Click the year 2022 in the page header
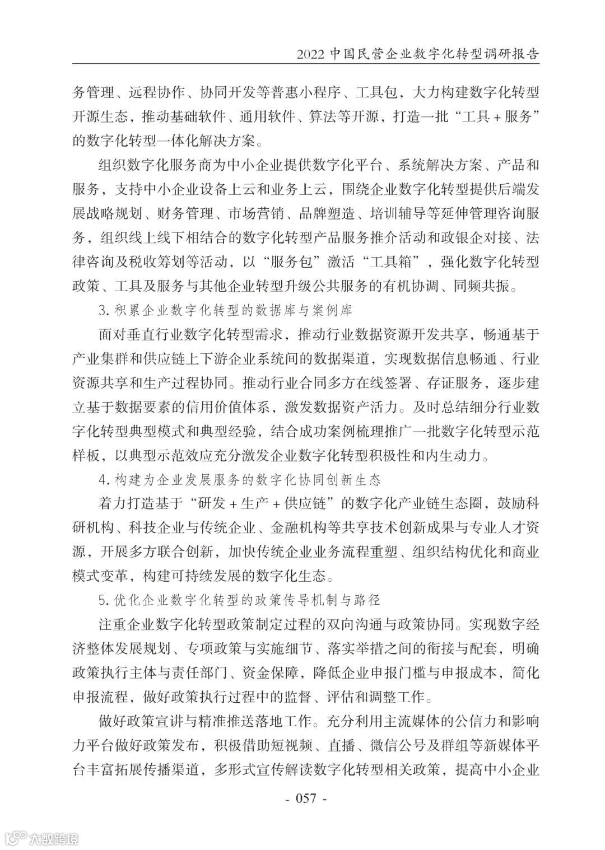pyautogui.click(x=310, y=54)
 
